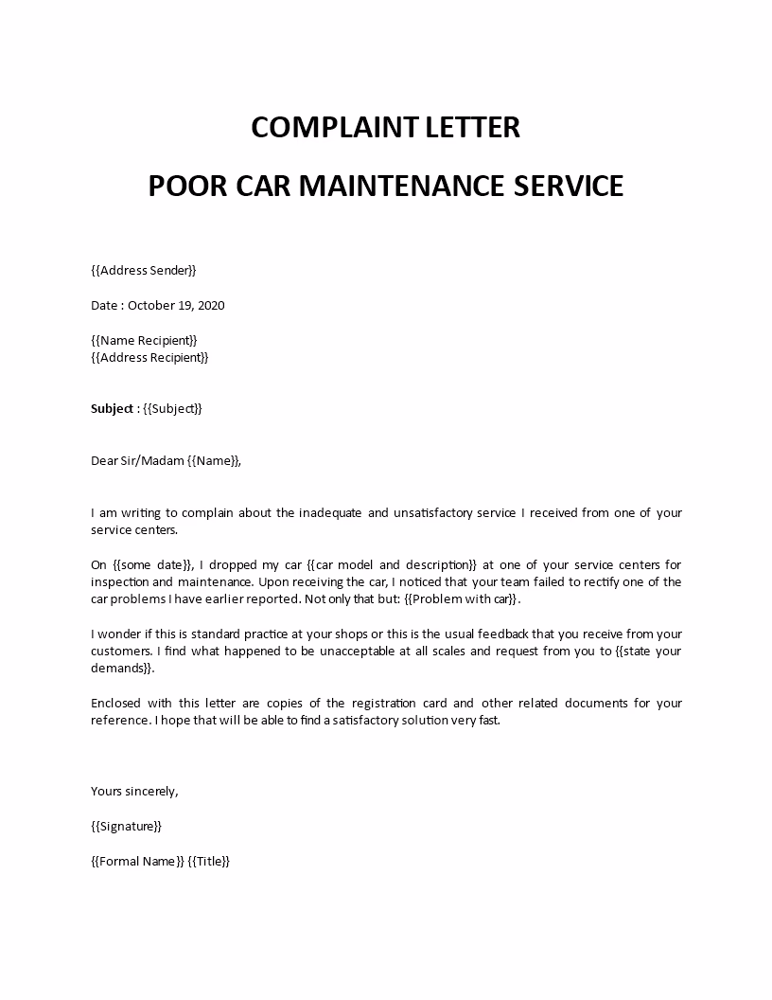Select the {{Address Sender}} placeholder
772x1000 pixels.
pos(144,271)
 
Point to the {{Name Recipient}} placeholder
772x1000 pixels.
pos(144,340)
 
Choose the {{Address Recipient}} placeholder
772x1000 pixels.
pos(149,357)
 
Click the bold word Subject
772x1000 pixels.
pos(112,409)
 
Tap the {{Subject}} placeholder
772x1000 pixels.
pos(171,409)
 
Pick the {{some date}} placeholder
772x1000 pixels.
pos(147,565)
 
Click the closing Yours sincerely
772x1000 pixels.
pos(133,791)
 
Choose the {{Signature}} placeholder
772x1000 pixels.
pos(126,826)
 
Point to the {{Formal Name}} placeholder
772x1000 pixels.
pos(136,861)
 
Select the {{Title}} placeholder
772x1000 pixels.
pos(209,861)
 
